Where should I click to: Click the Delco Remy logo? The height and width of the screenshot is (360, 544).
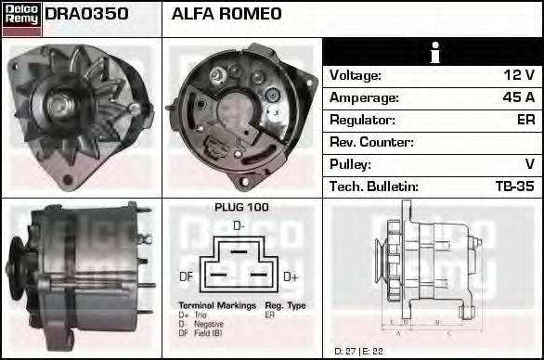(21, 19)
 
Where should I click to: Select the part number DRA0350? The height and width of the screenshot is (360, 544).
(86, 15)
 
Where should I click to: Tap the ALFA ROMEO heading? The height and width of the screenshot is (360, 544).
(227, 15)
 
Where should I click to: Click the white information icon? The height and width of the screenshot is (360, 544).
(434, 52)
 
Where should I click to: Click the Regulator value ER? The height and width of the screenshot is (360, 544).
(525, 120)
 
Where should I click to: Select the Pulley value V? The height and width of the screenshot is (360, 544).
(529, 164)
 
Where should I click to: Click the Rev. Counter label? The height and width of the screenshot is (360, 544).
(372, 142)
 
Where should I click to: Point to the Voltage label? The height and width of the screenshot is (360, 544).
(356, 75)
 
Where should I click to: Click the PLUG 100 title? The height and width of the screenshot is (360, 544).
(240, 207)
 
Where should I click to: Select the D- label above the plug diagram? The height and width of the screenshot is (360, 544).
(239, 225)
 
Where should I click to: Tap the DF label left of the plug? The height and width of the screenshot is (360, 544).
(186, 276)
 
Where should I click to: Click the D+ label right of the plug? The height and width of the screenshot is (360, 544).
(290, 276)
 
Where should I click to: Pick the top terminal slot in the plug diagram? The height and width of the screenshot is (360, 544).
(240, 251)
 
